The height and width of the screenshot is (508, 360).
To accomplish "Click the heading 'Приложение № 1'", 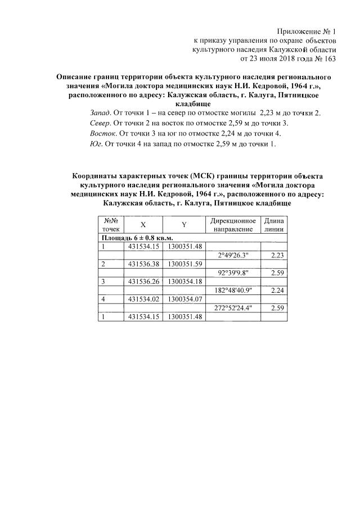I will click(x=307, y=31).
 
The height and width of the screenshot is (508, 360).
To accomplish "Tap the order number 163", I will click(x=328, y=58).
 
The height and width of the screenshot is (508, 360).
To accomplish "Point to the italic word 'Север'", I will click(x=101, y=123).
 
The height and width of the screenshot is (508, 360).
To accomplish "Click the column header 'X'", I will click(x=142, y=224).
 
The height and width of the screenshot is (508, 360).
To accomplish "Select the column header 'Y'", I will click(x=184, y=224).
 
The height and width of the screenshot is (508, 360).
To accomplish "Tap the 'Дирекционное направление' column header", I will click(x=233, y=224).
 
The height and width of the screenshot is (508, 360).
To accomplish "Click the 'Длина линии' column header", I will click(x=274, y=224).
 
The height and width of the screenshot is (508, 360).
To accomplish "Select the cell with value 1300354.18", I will click(x=185, y=281).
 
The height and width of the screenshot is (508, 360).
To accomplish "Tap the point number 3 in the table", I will click(x=103, y=281).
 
